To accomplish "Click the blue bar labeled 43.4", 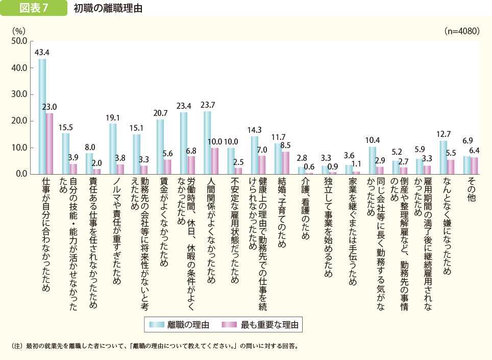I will tap(42, 116).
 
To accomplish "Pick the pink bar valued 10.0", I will tap(214, 161).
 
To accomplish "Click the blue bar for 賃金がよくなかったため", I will tap(160, 147).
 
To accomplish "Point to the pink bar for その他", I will tap(474, 165).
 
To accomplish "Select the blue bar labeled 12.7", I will tap(443, 157).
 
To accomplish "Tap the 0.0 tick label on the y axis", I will tap(20, 174).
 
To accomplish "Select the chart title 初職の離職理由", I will tap(108, 9).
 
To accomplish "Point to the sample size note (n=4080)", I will tap(462, 31).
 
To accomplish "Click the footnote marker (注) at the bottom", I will tap(17, 346).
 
